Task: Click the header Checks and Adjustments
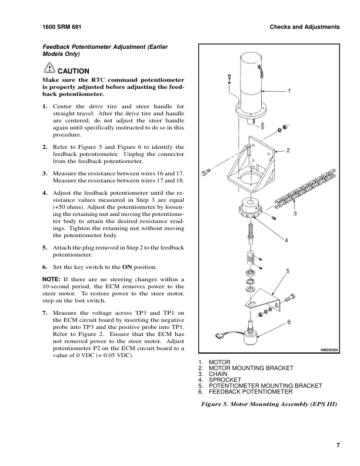(305, 28)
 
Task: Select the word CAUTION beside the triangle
(74, 71)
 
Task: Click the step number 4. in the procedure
(46, 192)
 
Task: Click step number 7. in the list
(46, 312)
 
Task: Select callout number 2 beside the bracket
(288, 150)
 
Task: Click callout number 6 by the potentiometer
(289, 322)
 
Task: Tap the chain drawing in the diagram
(306, 188)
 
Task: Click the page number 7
(338, 445)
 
